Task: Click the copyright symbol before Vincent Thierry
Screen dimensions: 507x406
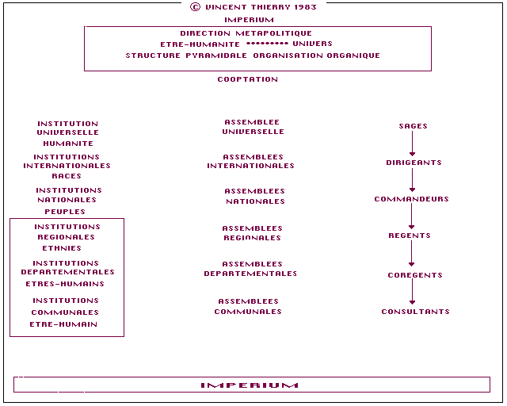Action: pos(195,7)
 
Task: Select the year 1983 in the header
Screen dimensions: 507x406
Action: pos(306,7)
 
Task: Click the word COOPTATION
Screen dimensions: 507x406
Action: pos(248,79)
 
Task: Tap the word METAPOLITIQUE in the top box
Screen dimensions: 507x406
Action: pos(274,33)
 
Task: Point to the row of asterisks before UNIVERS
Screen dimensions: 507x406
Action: pos(267,44)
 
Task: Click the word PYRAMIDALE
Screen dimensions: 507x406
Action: pos(216,56)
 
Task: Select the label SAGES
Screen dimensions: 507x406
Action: pos(414,126)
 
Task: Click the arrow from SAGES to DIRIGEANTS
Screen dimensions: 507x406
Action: pos(412,144)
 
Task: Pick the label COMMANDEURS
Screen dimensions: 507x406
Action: pos(412,199)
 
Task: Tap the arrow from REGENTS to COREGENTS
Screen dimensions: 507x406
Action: pos(412,254)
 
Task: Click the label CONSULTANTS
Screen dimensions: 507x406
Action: pos(415,312)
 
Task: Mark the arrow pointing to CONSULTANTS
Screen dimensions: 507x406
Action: pos(412,291)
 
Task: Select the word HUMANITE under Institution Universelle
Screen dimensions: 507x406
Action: pos(68,144)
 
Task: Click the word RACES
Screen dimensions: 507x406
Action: pos(67,176)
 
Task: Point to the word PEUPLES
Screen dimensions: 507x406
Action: pos(65,212)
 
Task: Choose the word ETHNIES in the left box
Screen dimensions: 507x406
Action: pos(62,248)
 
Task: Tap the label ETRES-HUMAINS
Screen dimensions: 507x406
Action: pos(65,284)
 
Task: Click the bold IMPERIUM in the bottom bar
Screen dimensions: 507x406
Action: pos(250,385)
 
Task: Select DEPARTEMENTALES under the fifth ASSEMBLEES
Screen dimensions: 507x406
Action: pos(250,274)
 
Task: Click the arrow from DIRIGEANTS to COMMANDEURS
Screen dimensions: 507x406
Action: pos(412,180)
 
